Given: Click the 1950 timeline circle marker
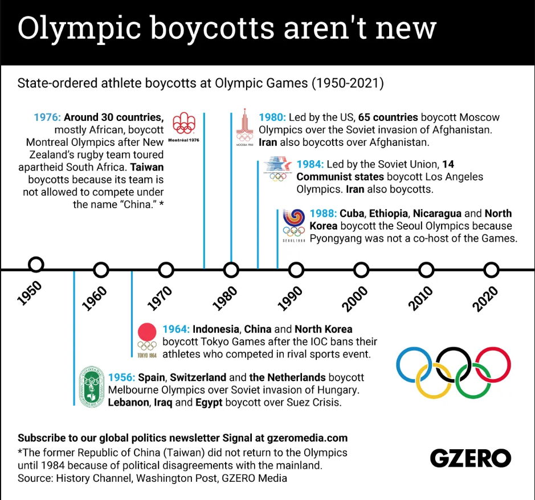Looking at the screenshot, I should click(36, 265).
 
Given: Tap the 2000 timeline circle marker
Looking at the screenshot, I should click(361, 269).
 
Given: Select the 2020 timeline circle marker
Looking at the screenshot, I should click(491, 269).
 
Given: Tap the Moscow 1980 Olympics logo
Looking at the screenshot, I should click(244, 127).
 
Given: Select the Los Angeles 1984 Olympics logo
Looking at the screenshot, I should click(278, 169).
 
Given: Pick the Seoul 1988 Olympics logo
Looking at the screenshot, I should click(294, 225).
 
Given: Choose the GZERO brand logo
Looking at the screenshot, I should click(470, 457).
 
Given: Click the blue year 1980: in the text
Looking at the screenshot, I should click(272, 117).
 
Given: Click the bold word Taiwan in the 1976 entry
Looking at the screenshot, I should click(147, 168).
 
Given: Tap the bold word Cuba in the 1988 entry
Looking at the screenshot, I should click(352, 214).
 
